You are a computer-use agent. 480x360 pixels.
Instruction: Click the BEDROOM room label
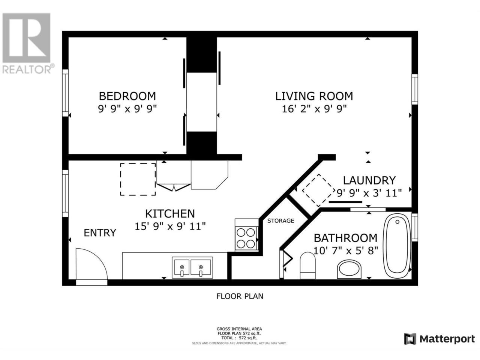(127, 96)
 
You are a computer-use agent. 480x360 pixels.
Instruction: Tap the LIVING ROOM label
(314, 96)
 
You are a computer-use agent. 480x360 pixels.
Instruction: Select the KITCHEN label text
(170, 213)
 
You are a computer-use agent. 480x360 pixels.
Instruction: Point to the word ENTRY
(100, 233)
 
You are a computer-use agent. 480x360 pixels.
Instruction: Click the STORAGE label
(280, 221)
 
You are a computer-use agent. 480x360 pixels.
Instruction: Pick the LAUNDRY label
(369, 180)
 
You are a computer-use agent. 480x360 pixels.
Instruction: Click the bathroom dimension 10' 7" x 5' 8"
(346, 250)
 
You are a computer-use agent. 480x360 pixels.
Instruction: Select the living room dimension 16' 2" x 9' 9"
(314, 109)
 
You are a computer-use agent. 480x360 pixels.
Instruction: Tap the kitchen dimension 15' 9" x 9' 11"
(170, 226)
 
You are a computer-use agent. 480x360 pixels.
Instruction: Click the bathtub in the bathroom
(397, 246)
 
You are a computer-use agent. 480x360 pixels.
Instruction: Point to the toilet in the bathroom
(307, 265)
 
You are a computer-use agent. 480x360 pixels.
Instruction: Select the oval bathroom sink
(349, 269)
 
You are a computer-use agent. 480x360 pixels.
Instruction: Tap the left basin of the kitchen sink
(181, 267)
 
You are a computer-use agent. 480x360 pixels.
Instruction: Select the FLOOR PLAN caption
(240, 296)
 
